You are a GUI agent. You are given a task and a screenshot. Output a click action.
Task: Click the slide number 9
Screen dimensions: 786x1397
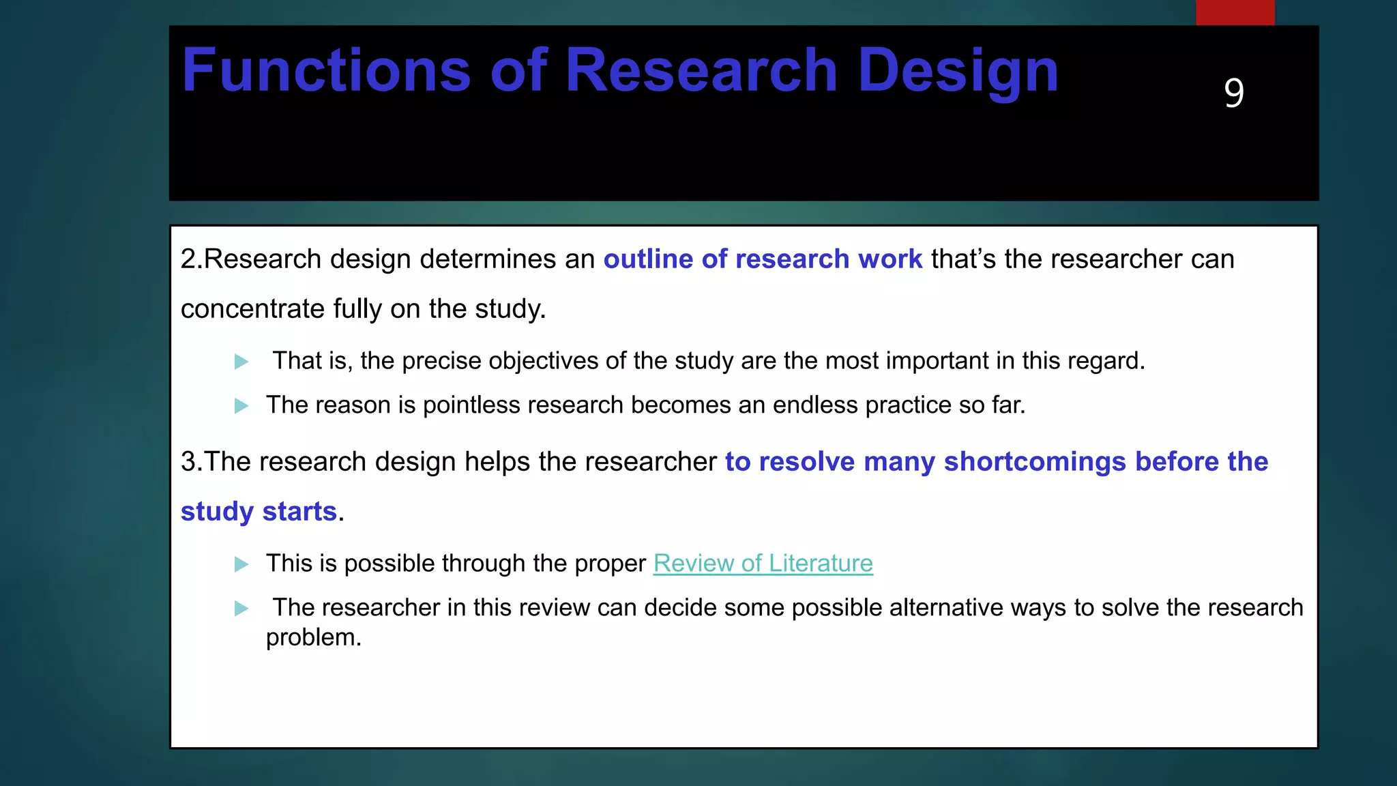(x=1233, y=93)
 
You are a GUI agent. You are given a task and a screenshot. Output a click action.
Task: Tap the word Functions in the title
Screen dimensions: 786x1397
(x=326, y=70)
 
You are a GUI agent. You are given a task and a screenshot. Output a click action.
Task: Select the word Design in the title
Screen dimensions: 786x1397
(x=958, y=70)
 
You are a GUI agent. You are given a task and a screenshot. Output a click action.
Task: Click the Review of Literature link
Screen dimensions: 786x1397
(x=763, y=564)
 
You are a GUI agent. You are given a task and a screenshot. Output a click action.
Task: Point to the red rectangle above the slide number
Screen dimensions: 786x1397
(x=1235, y=12)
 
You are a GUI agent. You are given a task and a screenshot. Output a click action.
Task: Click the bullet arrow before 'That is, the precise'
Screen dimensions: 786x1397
(x=241, y=362)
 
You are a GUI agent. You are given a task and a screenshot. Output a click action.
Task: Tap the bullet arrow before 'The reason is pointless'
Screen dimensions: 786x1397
(x=241, y=406)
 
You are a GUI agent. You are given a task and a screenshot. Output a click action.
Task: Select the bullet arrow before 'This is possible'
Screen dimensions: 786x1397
(x=241, y=564)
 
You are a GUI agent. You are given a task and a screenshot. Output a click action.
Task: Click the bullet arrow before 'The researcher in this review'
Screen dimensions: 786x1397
(x=241, y=608)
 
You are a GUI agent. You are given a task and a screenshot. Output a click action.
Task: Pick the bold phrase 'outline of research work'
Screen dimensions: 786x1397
(x=763, y=259)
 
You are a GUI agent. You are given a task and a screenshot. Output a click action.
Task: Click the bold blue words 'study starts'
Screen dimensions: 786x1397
(x=259, y=512)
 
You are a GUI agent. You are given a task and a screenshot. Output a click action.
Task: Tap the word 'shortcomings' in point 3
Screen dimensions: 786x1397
(x=1035, y=462)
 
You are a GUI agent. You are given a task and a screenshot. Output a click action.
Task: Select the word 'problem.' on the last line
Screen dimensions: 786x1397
(x=313, y=638)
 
